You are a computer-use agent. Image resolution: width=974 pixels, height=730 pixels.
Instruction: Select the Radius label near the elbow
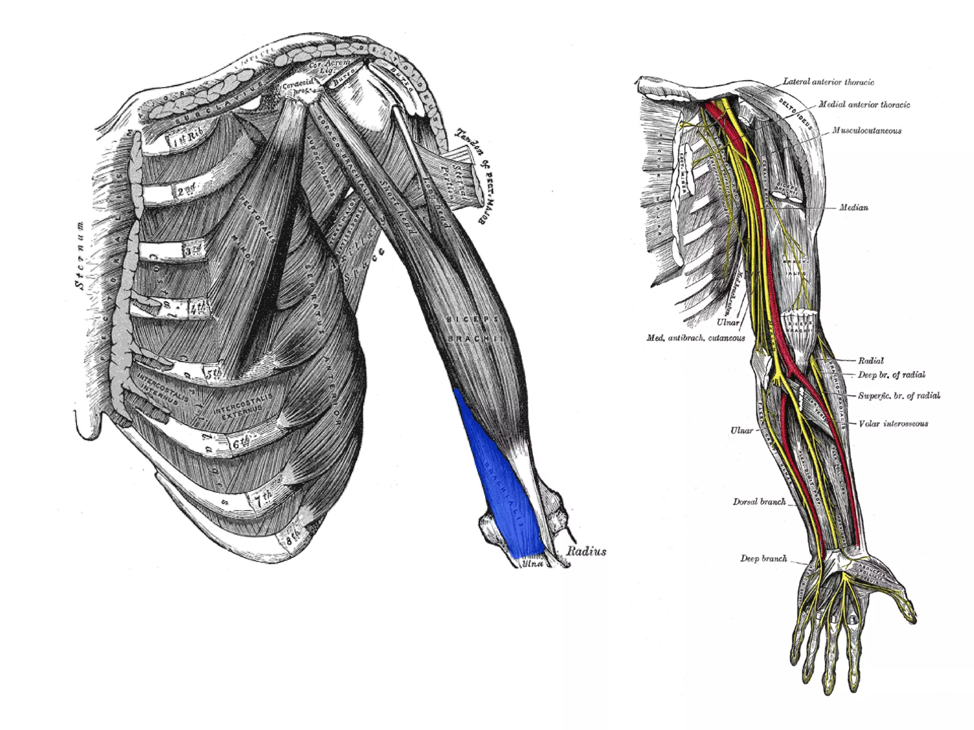(586, 551)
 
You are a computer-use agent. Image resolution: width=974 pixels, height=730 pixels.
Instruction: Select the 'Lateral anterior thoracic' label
(828, 82)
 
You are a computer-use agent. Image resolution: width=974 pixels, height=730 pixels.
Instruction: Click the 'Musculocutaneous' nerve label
(867, 131)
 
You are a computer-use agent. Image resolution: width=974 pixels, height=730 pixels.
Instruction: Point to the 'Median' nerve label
(853, 207)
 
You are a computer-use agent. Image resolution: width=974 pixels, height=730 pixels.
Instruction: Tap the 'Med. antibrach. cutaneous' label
(695, 338)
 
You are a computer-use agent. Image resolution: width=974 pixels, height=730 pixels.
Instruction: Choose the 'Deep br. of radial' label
(891, 375)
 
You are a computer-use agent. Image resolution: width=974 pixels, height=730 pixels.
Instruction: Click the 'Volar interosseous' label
(893, 423)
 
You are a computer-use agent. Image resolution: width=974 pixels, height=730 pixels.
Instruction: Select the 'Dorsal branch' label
(759, 501)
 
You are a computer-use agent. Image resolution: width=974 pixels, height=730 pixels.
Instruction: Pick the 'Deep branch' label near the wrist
(763, 558)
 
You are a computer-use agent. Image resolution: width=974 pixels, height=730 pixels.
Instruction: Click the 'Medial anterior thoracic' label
(864, 105)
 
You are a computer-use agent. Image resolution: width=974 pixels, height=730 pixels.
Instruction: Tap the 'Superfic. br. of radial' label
(899, 395)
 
